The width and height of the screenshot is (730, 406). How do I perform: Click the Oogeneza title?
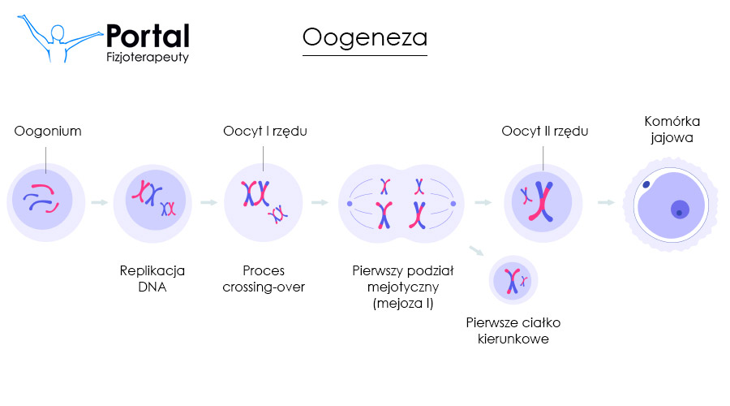pos(364,37)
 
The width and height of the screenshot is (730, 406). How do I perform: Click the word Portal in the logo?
pos(148,36)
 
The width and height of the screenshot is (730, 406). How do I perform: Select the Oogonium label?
pos(48,131)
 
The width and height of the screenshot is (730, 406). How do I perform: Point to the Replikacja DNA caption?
pos(152,279)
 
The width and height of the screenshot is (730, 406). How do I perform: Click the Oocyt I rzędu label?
pos(265,131)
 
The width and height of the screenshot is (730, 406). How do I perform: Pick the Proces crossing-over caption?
pos(264,279)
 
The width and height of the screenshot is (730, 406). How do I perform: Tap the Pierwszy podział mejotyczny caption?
pos(403,287)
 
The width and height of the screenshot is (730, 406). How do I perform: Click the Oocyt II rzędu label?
pos(544,131)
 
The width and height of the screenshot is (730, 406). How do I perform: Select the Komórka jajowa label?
pos(672,129)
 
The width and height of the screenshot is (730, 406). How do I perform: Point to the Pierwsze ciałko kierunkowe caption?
pos(513,330)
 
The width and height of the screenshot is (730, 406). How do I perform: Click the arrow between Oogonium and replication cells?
pos(99,202)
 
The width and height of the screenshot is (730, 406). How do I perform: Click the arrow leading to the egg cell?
pos(605,202)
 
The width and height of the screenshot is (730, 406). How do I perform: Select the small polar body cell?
pos(513,281)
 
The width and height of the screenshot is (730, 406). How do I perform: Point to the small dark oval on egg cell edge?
pos(646,185)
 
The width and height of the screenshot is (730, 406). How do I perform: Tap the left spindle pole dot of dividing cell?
pos(350,203)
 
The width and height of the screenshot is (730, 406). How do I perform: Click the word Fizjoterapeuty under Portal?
pos(148,58)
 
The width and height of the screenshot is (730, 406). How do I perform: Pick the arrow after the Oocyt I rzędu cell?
pos(319,202)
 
